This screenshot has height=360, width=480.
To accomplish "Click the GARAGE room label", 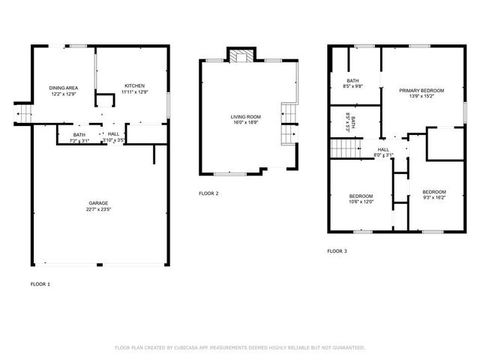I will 99,202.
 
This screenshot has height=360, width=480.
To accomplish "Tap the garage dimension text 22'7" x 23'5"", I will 99,209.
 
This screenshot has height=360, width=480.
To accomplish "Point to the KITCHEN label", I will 134,85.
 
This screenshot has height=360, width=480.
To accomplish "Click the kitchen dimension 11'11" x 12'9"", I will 134,92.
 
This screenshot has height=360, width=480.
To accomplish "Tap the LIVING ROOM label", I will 245,116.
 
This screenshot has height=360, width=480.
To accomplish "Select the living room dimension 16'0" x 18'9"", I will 245,122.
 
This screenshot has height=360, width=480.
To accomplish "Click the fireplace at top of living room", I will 241,56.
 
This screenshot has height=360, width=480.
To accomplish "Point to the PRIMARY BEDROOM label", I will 421,90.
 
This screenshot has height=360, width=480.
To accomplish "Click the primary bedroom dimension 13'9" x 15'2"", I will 421,96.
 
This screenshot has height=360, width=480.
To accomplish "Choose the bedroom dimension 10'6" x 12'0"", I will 361,201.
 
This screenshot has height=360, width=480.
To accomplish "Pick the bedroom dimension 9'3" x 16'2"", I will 433,198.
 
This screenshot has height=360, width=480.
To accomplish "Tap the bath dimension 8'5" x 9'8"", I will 352,87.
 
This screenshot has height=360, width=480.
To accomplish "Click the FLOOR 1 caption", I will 40,284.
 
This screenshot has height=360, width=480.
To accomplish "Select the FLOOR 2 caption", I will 209,193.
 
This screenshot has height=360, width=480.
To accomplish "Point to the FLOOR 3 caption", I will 337,250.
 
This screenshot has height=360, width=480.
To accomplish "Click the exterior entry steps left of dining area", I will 23,114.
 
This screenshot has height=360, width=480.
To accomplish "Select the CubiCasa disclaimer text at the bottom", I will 240,347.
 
